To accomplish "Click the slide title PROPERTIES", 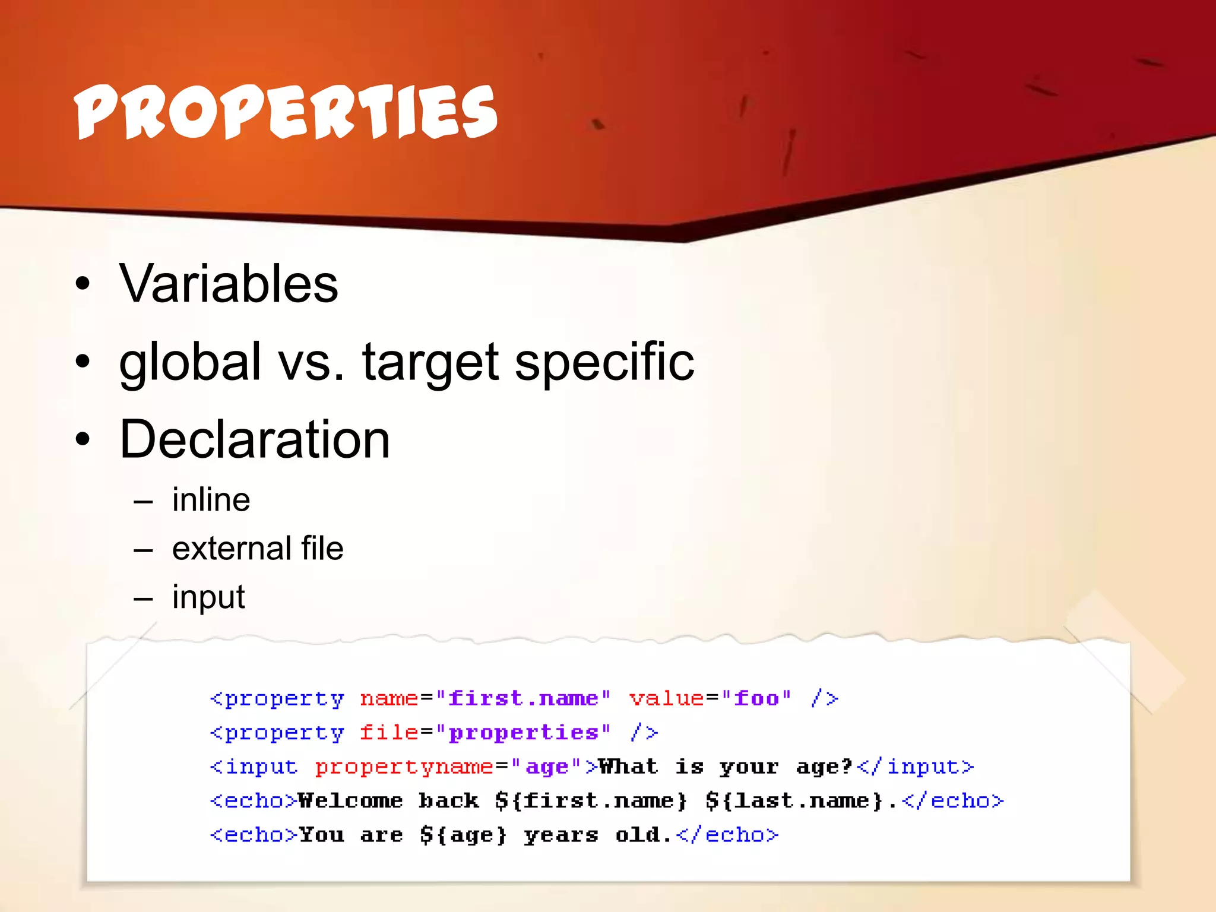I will [x=285, y=112].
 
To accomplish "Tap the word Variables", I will [x=229, y=284].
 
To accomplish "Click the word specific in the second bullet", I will [x=604, y=362].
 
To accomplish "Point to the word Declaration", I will [x=255, y=439].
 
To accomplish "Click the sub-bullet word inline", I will [x=211, y=500].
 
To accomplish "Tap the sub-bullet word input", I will [x=208, y=597].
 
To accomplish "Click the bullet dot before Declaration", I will [x=83, y=439].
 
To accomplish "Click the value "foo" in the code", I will [x=756, y=698].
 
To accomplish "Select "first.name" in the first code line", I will [x=522, y=698].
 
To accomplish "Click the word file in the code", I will [x=389, y=733].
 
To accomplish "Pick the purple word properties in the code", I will [x=522, y=733].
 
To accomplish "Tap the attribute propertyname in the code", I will [x=404, y=767].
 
